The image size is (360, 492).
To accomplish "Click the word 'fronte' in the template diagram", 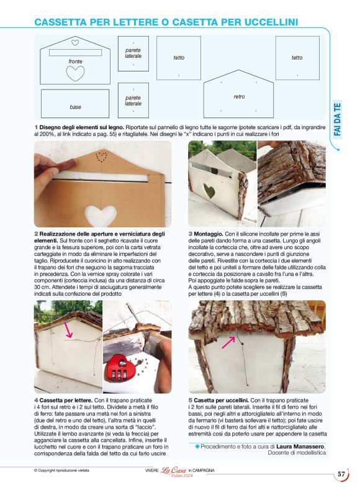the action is (75, 61).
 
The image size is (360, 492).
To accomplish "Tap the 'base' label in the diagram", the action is (75, 107).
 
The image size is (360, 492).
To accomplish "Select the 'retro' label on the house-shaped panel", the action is (239, 97).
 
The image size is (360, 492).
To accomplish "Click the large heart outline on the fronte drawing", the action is (75, 73).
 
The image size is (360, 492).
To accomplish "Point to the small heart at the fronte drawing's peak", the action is (75, 42).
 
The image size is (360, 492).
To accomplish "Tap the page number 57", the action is (341, 474).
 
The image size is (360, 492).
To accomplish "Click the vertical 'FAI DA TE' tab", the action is (337, 119).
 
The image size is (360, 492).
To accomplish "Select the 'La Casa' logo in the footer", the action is (173, 470).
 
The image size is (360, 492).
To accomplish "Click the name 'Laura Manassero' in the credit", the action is (300, 446).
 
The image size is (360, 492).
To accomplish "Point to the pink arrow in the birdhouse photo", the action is (228, 342).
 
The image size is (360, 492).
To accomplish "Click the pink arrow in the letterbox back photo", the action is (68, 329).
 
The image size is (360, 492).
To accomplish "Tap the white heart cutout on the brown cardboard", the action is (99, 215).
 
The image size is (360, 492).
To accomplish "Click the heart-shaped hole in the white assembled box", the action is (209, 191).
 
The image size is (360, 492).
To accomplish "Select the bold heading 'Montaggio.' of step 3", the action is (208, 234).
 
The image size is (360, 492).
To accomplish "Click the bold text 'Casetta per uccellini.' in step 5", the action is (221, 401).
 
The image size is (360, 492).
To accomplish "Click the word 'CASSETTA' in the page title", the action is (61, 22).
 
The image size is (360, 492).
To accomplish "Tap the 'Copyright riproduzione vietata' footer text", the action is (61, 470).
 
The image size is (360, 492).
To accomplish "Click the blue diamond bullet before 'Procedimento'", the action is (197, 446).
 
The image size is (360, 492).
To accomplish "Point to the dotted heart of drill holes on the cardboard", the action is (101, 156).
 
